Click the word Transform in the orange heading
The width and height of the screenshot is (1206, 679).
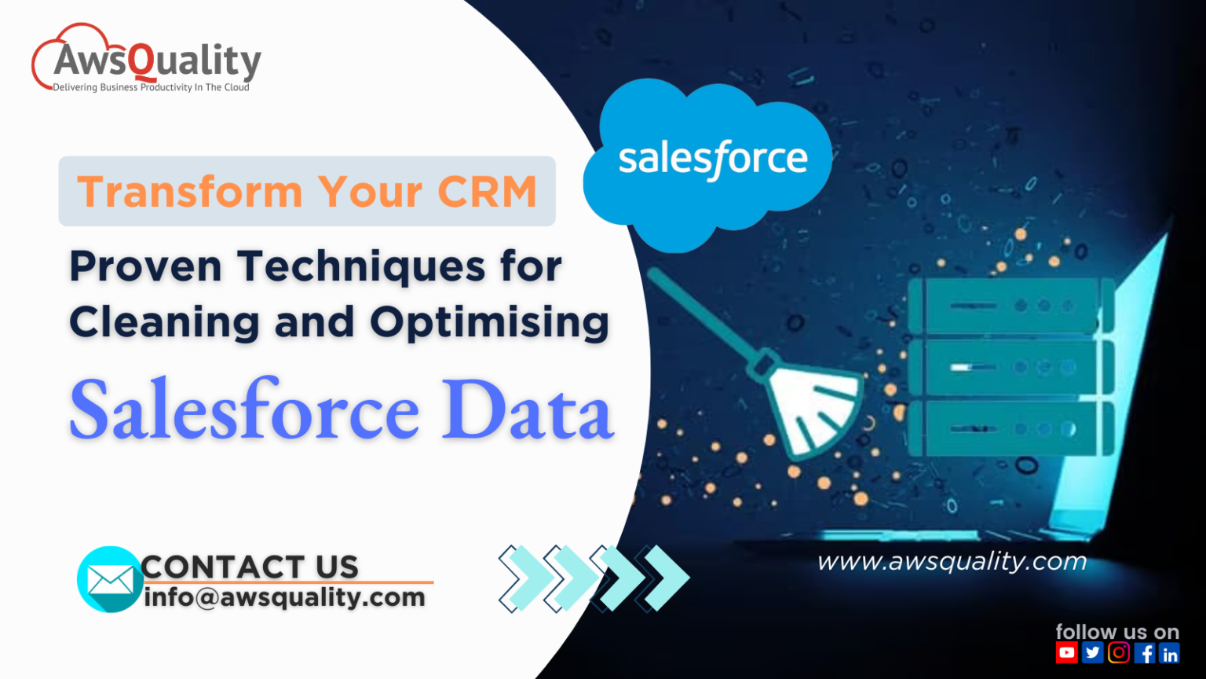(x=189, y=192)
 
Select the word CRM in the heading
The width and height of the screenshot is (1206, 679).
(x=487, y=192)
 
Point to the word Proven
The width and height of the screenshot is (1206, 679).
(x=146, y=266)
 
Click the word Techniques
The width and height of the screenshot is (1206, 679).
(x=361, y=266)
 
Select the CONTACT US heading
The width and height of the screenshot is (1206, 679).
(x=250, y=567)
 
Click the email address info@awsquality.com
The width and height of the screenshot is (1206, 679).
(x=284, y=597)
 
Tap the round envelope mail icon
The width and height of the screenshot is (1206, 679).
(x=110, y=580)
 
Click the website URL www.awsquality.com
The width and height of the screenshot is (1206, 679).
(x=952, y=561)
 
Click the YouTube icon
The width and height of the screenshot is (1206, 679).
(x=1066, y=652)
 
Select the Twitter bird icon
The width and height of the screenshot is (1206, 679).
(x=1092, y=652)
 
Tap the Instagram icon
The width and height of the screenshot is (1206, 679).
(x=1119, y=652)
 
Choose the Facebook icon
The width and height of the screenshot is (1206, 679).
(x=1145, y=652)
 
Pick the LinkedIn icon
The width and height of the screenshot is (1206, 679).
(x=1170, y=653)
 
